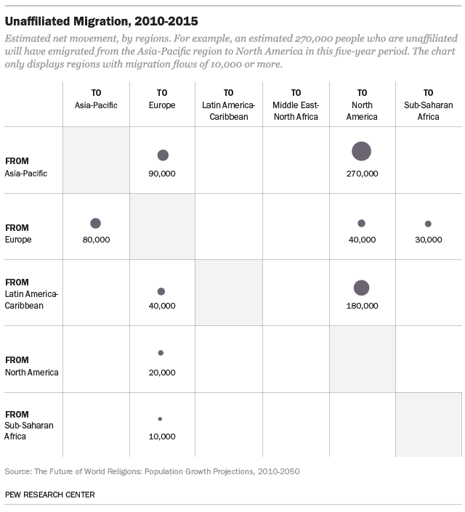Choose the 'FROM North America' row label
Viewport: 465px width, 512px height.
point(31,366)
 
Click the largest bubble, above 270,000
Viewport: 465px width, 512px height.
point(361,151)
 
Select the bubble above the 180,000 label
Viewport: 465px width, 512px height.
point(361,288)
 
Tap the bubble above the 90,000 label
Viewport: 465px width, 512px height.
point(163,155)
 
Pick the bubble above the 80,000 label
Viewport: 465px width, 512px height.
point(95,223)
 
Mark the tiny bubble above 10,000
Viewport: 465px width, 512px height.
point(160,419)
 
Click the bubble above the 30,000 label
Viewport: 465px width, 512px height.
point(428,224)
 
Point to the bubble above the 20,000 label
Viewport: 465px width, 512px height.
point(161,353)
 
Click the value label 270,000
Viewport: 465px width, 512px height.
point(362,174)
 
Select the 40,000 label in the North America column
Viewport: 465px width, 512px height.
point(362,239)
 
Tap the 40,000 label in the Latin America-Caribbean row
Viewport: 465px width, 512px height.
point(162,306)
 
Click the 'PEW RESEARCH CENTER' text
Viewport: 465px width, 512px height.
point(49,495)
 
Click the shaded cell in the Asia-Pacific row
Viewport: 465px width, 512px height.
point(96,160)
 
